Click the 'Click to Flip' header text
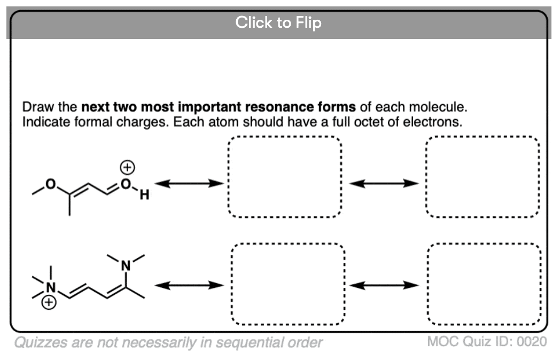[278, 23]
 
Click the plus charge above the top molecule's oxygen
[127, 168]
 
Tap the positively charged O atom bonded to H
[126, 184]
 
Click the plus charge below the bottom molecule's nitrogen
[49, 303]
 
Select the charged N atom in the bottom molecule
[51, 288]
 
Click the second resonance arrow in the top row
[383, 183]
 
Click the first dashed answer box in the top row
[284, 177]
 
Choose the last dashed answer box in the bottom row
[484, 284]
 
